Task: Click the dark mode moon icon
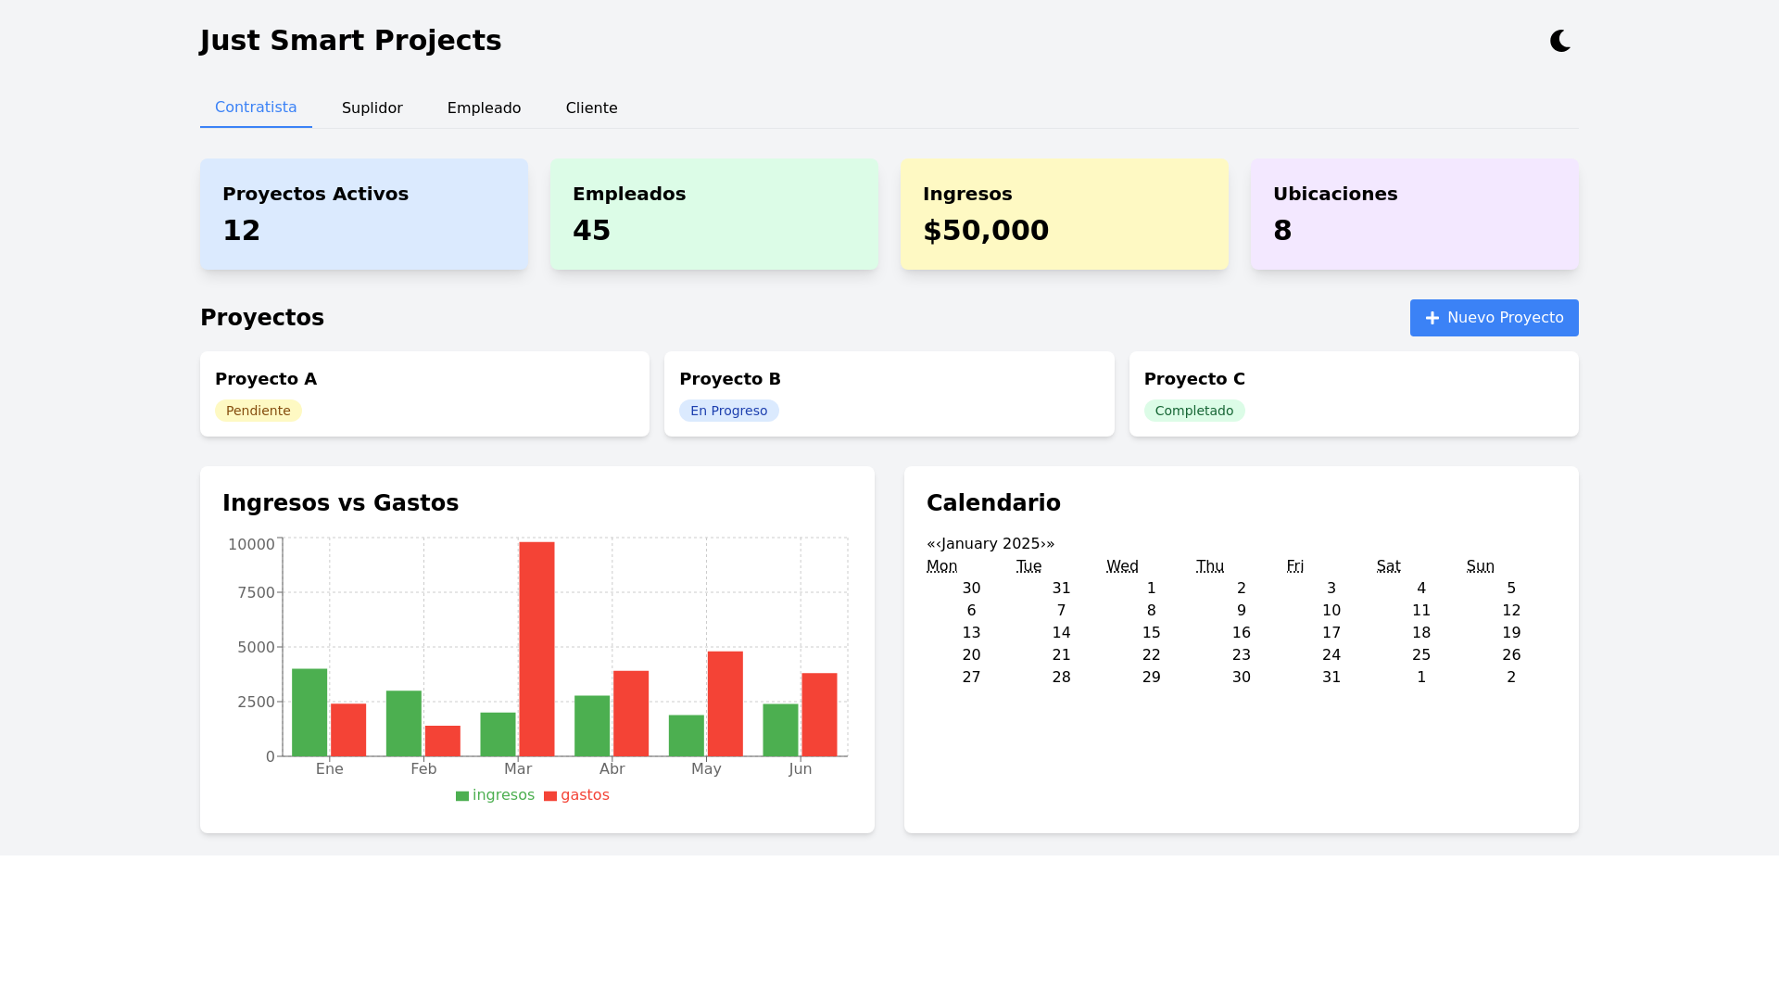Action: [x=1560, y=41]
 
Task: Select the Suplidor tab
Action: [x=372, y=108]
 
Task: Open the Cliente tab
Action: [x=591, y=108]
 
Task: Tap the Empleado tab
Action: [x=484, y=108]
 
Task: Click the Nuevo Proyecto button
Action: [x=1494, y=318]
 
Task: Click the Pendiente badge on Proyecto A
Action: [x=259, y=411]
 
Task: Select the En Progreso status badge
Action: [x=728, y=411]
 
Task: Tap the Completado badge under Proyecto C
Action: [x=1193, y=411]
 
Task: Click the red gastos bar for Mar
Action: [x=536, y=649]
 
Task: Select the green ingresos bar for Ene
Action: [x=309, y=712]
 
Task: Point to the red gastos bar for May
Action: [x=725, y=703]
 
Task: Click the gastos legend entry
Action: [x=576, y=795]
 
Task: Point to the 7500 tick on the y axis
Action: [x=256, y=593]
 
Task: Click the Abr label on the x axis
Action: [x=612, y=769]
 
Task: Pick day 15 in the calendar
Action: [x=1151, y=633]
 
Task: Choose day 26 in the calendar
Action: [x=1510, y=655]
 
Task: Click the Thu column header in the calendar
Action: [x=1209, y=566]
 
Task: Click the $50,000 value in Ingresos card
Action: [x=986, y=231]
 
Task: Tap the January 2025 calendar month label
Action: [x=990, y=544]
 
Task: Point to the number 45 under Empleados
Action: [x=591, y=231]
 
